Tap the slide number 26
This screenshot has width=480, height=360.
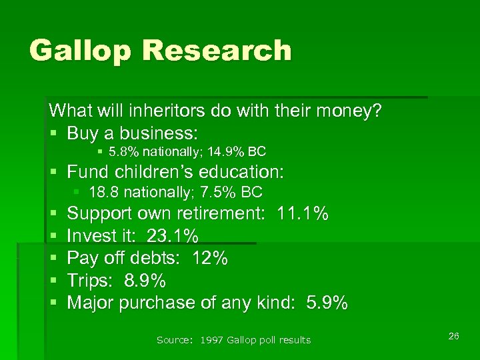(x=453, y=335)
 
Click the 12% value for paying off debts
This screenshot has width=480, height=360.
(x=210, y=258)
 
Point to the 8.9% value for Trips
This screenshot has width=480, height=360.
(x=145, y=280)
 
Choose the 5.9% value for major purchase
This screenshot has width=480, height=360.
(x=327, y=303)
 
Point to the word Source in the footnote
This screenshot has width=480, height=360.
(x=171, y=340)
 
